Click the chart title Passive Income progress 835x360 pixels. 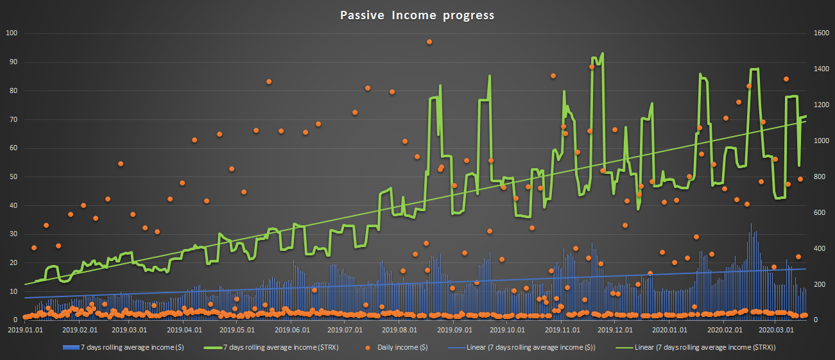(x=417, y=15)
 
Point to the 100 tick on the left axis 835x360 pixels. (x=12, y=33)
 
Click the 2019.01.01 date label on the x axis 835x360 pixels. (x=25, y=330)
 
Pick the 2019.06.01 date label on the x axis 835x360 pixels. (x=293, y=330)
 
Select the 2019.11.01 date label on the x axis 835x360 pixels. (x=563, y=330)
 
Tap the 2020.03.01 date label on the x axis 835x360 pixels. (x=775, y=330)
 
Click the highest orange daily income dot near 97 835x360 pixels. (x=429, y=42)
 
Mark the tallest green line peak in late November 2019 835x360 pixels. (x=602, y=53)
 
